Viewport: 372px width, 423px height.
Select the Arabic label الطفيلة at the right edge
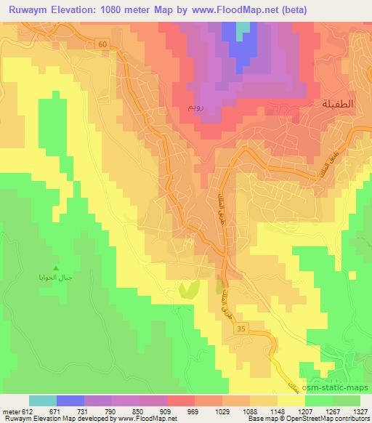click(337, 105)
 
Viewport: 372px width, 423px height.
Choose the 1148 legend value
click(278, 411)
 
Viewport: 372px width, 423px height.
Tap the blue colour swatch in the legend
click(70, 400)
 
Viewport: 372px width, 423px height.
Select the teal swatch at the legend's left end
click(43, 400)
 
